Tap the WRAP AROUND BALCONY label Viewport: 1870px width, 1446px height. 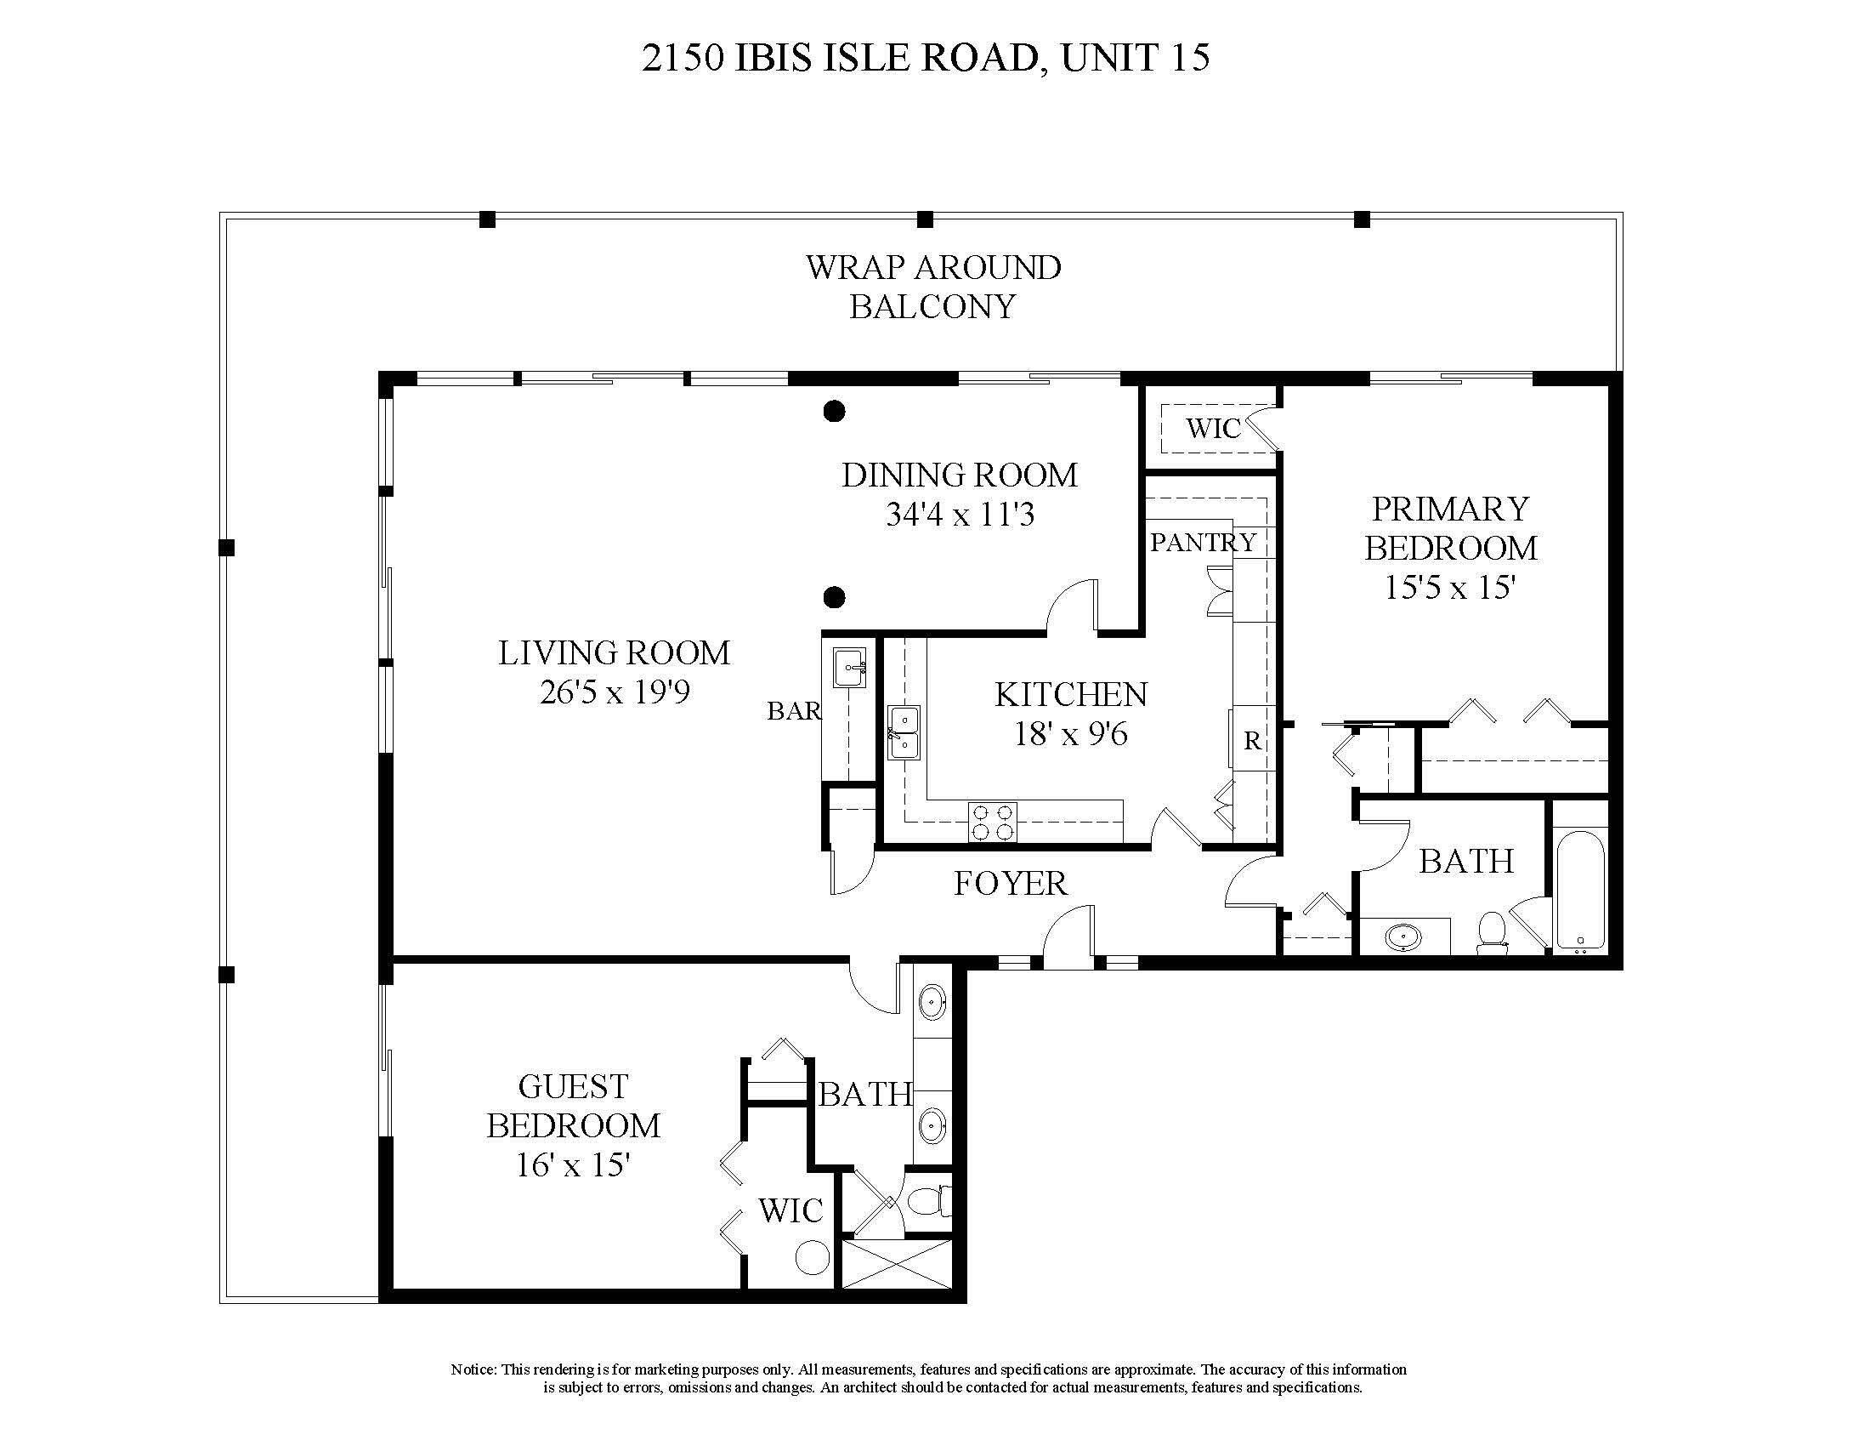tap(932, 287)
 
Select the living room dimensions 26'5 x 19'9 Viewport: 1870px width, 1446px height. tap(614, 692)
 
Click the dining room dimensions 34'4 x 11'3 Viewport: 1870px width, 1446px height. tap(959, 515)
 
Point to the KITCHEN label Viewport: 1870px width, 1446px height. tap(1070, 695)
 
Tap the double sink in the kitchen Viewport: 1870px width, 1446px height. tap(903, 733)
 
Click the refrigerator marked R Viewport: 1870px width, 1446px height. tap(1251, 739)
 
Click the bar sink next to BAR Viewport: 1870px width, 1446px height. tap(849, 669)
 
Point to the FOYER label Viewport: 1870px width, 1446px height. tap(1011, 883)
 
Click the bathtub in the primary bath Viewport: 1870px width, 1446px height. tap(1580, 891)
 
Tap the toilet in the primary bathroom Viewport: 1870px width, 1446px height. tap(1492, 933)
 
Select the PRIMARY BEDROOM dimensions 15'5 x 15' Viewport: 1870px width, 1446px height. tap(1450, 588)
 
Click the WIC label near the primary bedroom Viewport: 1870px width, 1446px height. tap(1212, 429)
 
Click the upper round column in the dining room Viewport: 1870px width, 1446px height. tap(834, 412)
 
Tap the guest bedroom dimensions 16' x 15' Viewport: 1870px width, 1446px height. tap(573, 1165)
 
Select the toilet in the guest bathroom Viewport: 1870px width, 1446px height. tap(928, 1201)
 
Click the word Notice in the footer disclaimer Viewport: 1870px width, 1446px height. tap(473, 1369)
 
